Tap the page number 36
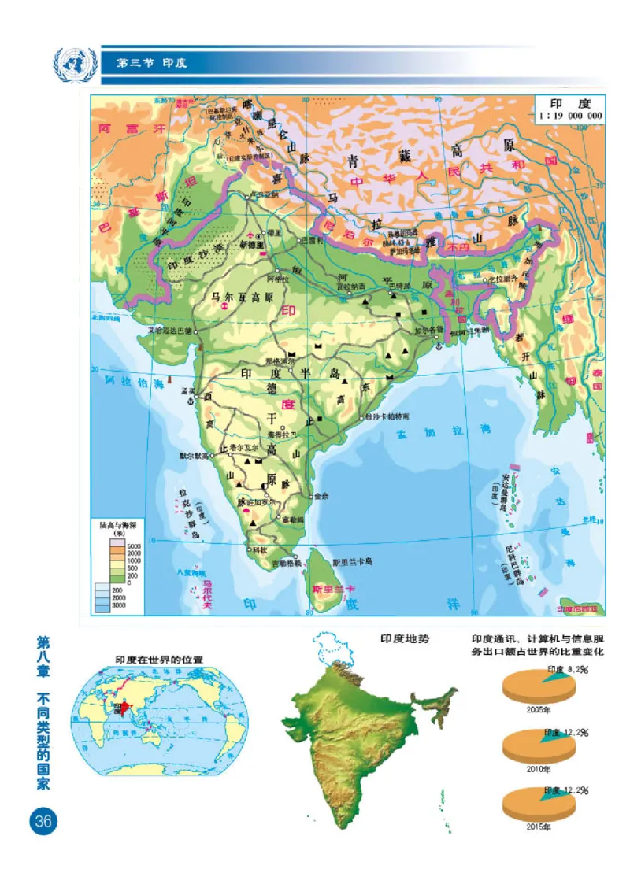[42, 821]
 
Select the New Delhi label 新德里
[254, 245]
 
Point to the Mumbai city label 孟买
[187, 390]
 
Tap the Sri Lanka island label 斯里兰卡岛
[352, 562]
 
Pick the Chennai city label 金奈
[321, 497]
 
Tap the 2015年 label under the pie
[539, 827]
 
